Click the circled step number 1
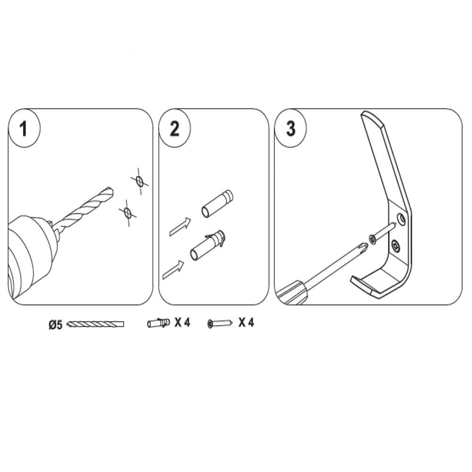pyautogui.click(x=24, y=129)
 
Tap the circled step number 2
pyautogui.click(x=175, y=129)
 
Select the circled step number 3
pyautogui.click(x=290, y=129)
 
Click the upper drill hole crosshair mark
pyautogui.click(x=139, y=181)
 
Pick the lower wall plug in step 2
pyautogui.click(x=208, y=245)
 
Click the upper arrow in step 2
pyautogui.click(x=180, y=227)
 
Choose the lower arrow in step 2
pyautogui.click(x=173, y=270)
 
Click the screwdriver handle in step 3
pyautogui.click(x=292, y=293)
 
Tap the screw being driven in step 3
pyautogui.click(x=383, y=231)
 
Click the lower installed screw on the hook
pyautogui.click(x=396, y=246)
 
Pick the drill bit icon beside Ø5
pyautogui.click(x=95, y=324)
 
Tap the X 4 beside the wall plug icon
pyautogui.click(x=182, y=323)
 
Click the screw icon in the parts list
pyautogui.click(x=220, y=324)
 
